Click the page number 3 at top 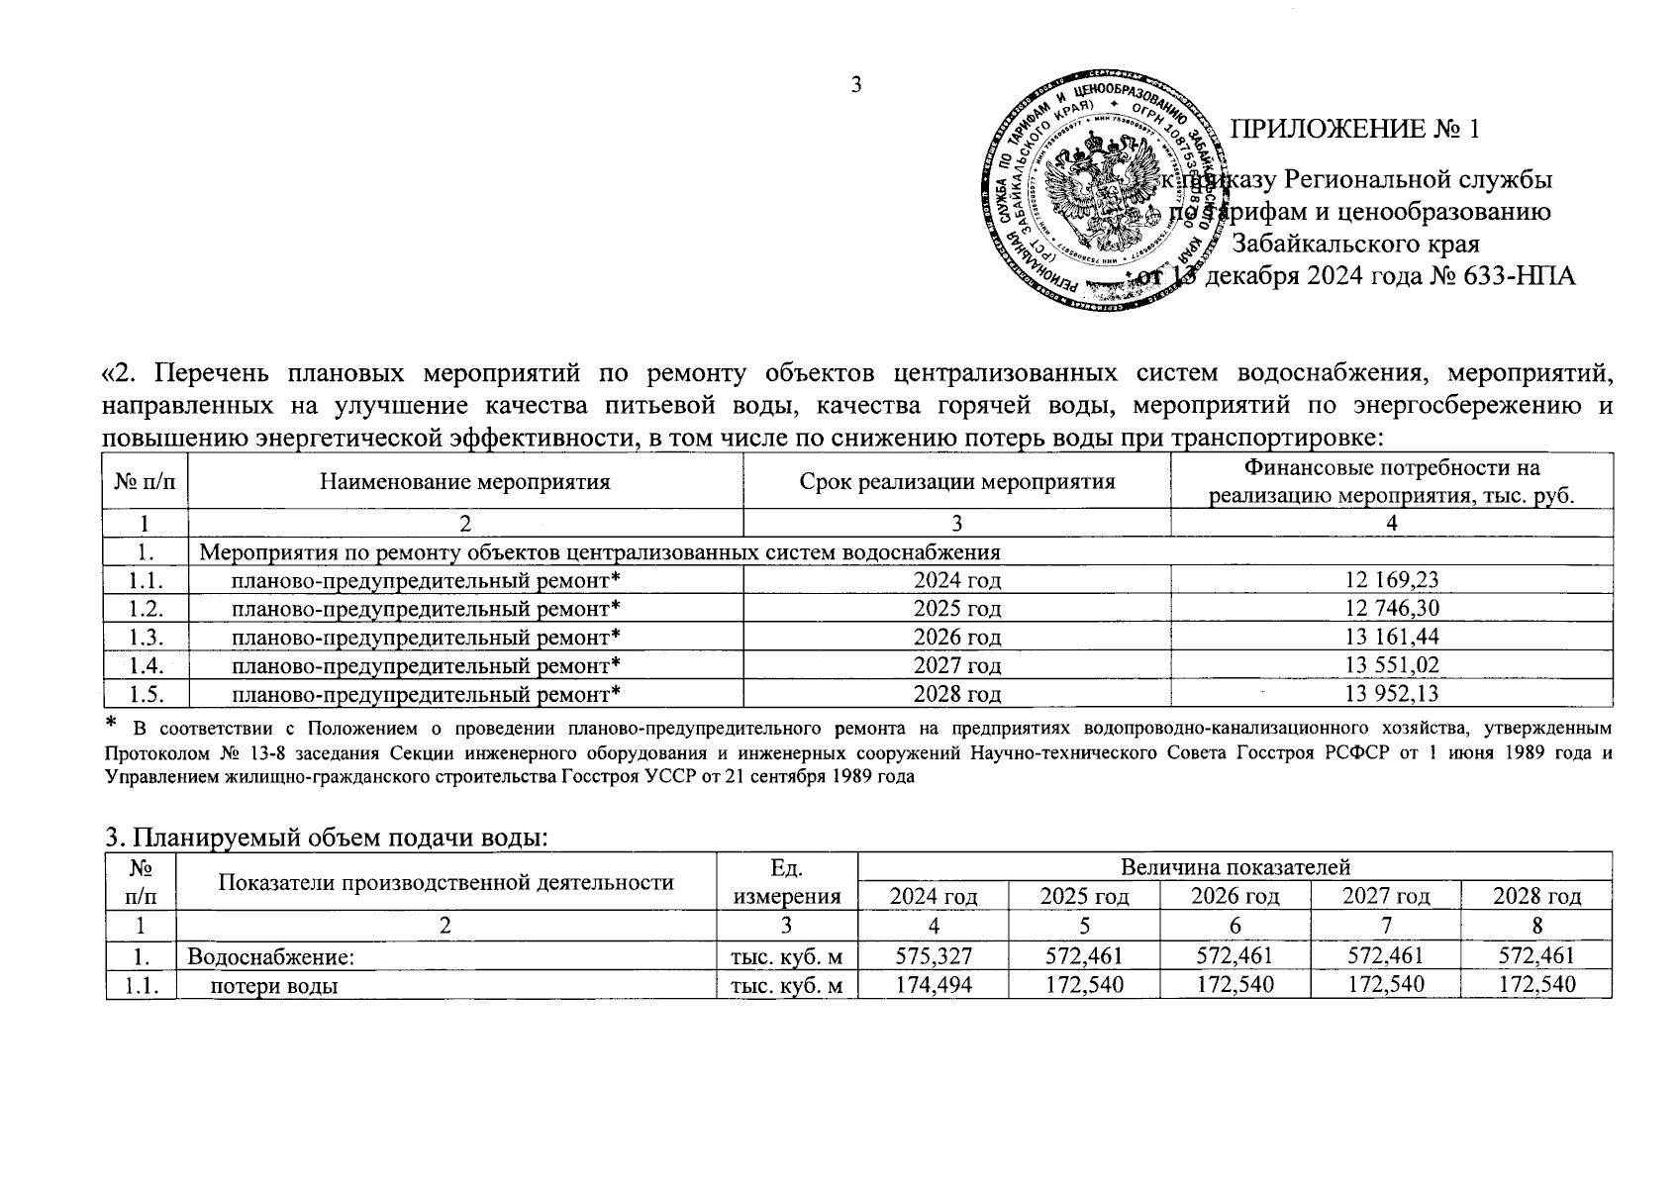(856, 84)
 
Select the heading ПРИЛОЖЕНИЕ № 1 (1354, 130)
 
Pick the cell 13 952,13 (1391, 694)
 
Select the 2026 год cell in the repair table (956, 637)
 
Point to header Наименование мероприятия (464, 482)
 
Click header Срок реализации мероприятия (956, 482)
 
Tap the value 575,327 (933, 955)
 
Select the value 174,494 (933, 984)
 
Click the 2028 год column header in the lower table (1536, 897)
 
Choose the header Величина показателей (1235, 868)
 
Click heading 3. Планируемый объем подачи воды (327, 838)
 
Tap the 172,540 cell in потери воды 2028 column (1536, 984)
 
